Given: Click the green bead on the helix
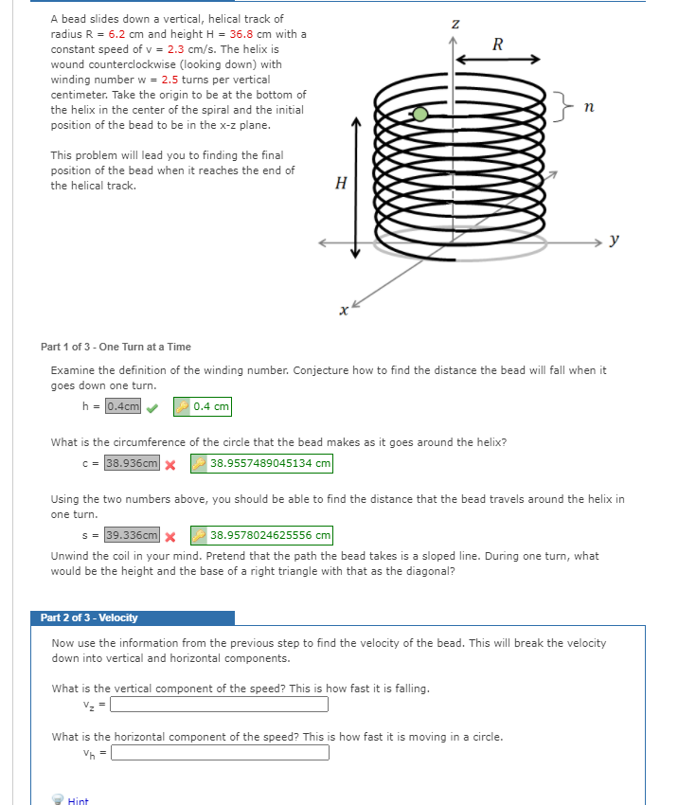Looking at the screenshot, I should [420, 115].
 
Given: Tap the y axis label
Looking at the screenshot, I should [615, 241].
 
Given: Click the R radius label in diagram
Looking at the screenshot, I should [498, 44].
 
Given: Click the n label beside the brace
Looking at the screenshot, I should [588, 110].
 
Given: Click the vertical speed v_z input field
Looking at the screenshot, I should [220, 704].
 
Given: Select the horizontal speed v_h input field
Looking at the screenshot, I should [220, 752].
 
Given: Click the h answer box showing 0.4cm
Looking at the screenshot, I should [122, 406].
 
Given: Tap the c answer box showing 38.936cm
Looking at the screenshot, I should [132, 464].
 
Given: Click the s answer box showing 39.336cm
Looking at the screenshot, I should [132, 535].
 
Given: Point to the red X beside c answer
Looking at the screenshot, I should [171, 465].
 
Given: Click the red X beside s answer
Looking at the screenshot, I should [171, 536].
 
